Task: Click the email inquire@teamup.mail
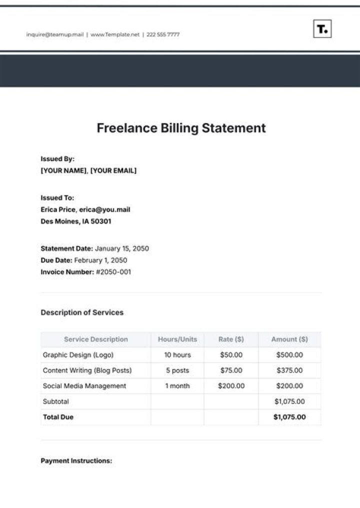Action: click(55, 34)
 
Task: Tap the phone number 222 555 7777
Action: click(163, 34)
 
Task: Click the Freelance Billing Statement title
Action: click(181, 128)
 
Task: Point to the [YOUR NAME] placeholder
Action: click(63, 170)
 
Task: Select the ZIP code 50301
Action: click(101, 221)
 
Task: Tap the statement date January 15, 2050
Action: click(122, 248)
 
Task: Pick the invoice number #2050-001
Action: click(113, 272)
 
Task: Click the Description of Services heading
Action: click(82, 312)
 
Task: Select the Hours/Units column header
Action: click(177, 339)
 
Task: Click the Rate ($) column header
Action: click(231, 339)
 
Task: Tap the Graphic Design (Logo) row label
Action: click(78, 355)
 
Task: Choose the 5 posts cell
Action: click(177, 370)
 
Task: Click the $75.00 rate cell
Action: click(231, 370)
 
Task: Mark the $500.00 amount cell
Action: click(289, 355)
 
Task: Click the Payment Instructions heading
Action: click(76, 461)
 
